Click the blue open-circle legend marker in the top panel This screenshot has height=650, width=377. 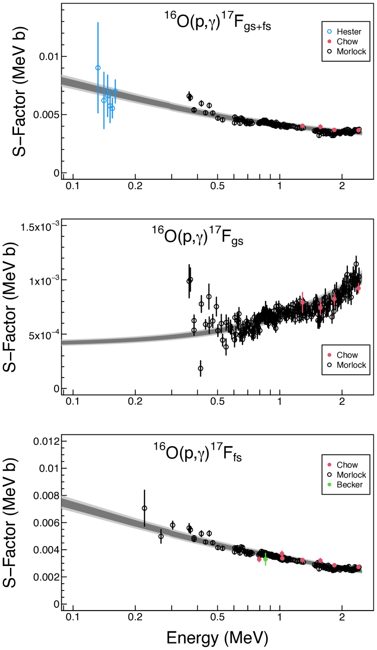point(329,32)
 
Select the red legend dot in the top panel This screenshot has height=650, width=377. point(329,41)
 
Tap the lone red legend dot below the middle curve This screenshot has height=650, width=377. point(329,355)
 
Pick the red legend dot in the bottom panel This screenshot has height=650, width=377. point(329,465)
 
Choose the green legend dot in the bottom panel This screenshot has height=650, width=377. point(329,484)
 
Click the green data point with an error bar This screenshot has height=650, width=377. point(265,559)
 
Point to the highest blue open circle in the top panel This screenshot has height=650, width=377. point(98,68)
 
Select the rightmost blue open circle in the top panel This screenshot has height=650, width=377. point(115,91)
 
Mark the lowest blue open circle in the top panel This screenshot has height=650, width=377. point(113,108)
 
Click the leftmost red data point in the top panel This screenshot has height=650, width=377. point(303,126)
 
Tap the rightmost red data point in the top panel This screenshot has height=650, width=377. point(358,130)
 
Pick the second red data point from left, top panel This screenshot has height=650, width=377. point(320,127)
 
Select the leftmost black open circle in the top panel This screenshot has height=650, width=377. point(194,110)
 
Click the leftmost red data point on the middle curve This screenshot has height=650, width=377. point(303,302)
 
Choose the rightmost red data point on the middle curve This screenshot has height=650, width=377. point(358,288)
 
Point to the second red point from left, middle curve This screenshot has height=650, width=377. point(320,308)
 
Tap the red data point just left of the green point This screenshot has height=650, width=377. point(259,560)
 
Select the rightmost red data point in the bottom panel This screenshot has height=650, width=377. point(358,567)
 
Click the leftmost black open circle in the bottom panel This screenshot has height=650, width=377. point(194,539)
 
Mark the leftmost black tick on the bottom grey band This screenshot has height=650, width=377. point(145,523)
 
